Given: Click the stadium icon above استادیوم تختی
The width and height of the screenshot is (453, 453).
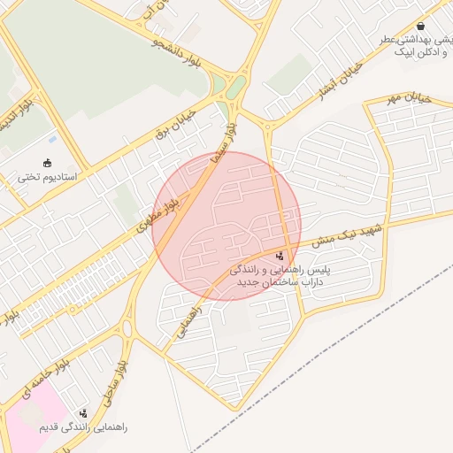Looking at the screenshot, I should point(47,164).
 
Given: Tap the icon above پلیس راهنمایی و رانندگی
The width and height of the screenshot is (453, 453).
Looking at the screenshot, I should point(280,256).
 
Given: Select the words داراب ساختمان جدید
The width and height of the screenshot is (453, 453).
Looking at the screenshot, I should point(278,280).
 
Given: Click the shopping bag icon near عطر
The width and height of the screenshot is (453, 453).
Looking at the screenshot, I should point(420,27).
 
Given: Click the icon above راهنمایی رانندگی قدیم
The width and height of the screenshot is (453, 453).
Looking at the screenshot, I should point(84,413).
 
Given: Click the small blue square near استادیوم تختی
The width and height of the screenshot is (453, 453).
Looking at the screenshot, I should point(53,139).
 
